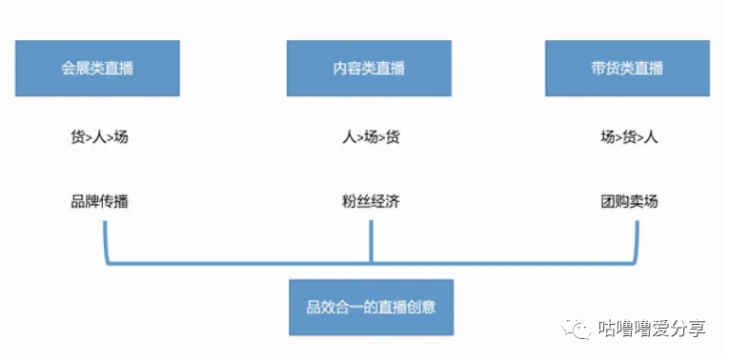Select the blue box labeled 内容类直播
(x=369, y=68)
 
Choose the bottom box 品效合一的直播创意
(x=370, y=307)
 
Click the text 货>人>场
(x=99, y=137)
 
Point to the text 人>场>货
(x=370, y=137)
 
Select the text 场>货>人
(x=628, y=137)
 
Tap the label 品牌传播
(x=99, y=202)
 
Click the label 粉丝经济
(x=370, y=202)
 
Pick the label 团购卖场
(x=628, y=202)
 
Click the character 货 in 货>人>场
(x=78, y=137)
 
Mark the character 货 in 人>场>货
(x=392, y=137)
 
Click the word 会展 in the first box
(x=74, y=68)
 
